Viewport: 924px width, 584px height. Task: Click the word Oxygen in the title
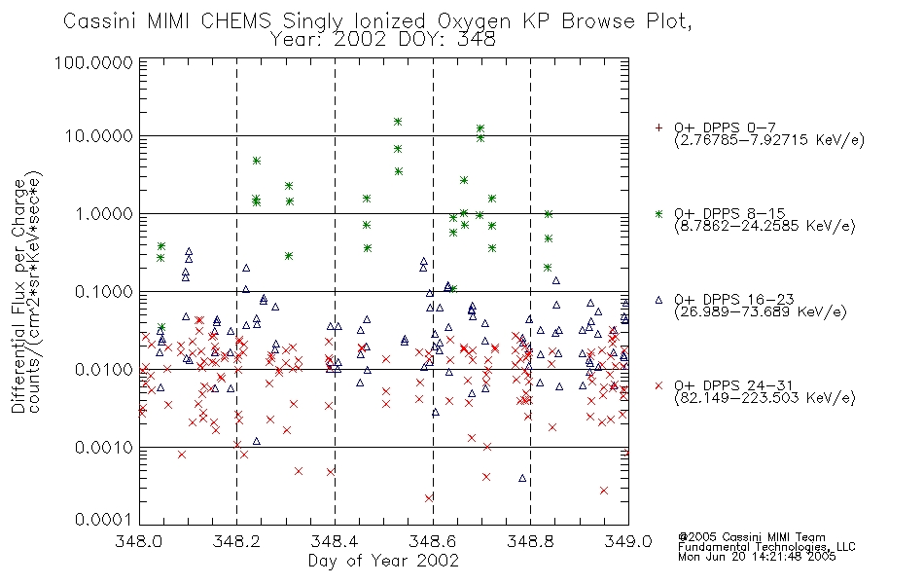click(475, 22)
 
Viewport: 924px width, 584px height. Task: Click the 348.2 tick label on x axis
click(237, 541)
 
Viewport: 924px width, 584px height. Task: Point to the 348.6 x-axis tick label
click(433, 541)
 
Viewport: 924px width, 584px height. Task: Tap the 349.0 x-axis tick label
click(628, 541)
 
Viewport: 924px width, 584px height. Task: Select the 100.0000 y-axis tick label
click(93, 62)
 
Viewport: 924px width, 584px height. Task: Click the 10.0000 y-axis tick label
click(98, 136)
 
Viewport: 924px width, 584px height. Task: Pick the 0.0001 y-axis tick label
click(103, 519)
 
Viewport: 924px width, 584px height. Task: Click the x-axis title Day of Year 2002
click(383, 561)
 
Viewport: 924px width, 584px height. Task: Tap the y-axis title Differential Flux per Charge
click(19, 296)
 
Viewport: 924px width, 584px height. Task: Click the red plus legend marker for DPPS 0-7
click(658, 128)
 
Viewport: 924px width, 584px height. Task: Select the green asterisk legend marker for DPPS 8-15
click(658, 213)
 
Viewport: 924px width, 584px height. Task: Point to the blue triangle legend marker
click(658, 300)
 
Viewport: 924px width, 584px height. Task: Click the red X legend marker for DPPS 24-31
click(658, 385)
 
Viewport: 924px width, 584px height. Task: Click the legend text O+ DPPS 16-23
click(734, 300)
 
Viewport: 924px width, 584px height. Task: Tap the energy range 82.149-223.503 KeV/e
click(764, 397)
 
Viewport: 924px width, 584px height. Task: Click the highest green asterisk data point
click(398, 122)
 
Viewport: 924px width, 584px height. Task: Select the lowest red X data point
click(428, 498)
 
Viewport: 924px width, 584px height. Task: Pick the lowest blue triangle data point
click(522, 479)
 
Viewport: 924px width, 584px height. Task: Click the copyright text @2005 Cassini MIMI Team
click(752, 537)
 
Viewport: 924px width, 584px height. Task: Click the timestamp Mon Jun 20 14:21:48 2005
click(757, 557)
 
